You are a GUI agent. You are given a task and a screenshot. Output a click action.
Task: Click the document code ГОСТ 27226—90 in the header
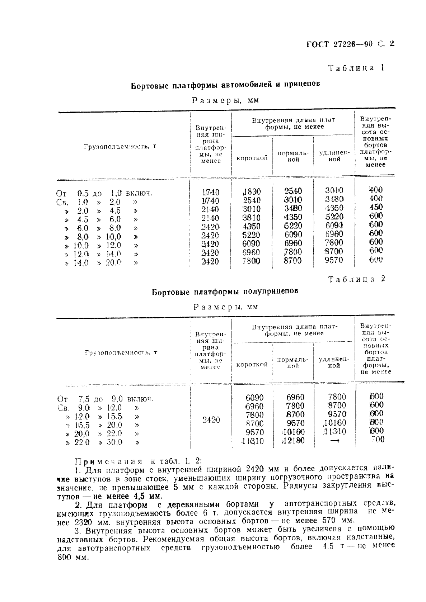(x=340, y=44)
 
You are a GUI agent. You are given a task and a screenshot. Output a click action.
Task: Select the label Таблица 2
(x=357, y=279)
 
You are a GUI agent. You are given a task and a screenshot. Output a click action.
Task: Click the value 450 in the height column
(x=376, y=207)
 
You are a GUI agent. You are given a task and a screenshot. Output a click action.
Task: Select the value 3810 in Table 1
(x=252, y=218)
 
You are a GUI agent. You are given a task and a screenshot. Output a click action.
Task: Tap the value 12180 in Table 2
(x=293, y=440)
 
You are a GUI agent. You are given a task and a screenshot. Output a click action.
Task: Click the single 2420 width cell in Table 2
(x=211, y=419)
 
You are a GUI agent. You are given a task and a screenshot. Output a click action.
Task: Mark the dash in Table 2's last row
(x=334, y=441)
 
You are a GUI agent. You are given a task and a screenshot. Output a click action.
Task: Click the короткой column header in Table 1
(x=252, y=158)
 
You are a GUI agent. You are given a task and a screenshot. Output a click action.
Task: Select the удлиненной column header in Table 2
(x=334, y=362)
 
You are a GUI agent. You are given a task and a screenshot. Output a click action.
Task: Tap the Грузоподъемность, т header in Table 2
(x=121, y=352)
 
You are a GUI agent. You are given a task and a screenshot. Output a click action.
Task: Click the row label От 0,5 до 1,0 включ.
(x=104, y=193)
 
